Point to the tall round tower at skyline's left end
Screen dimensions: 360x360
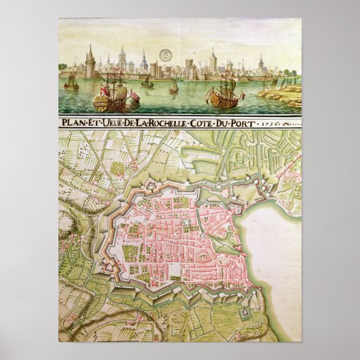click(x=90, y=65)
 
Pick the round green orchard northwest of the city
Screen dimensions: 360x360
click(x=118, y=167)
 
